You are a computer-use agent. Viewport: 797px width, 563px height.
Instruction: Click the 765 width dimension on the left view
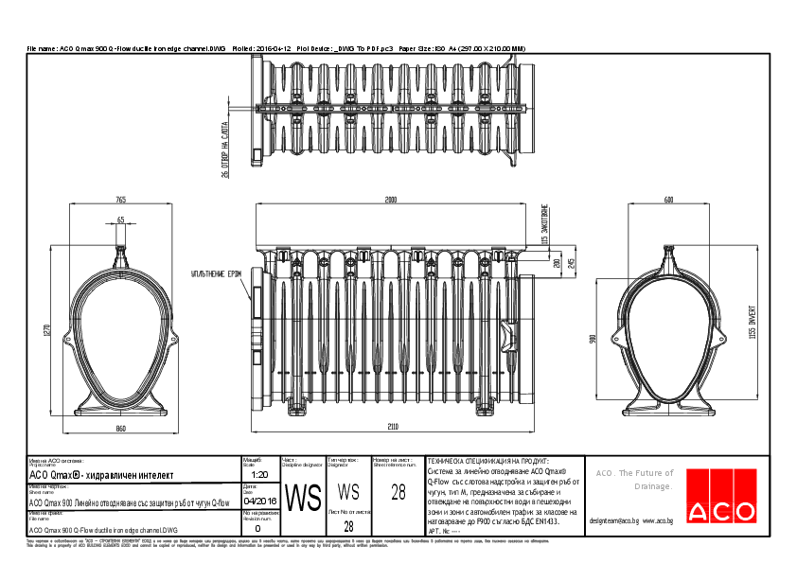tap(121, 200)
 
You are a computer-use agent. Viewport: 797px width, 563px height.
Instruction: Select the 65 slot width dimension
tap(121, 220)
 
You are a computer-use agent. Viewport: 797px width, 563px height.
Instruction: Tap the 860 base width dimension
tap(121, 430)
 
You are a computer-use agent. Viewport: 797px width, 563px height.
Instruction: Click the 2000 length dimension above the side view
tap(390, 200)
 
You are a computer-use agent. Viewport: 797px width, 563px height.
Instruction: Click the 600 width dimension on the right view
tap(668, 200)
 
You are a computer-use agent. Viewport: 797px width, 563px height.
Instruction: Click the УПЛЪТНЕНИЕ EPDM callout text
tap(216, 273)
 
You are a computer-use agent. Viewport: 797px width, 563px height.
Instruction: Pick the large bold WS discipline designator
tap(303, 498)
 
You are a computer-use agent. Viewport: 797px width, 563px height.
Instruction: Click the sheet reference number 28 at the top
tap(398, 492)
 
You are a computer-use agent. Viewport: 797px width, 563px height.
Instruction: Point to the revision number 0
tap(257, 529)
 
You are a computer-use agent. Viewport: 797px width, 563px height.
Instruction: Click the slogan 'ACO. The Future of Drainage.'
tap(633, 479)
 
